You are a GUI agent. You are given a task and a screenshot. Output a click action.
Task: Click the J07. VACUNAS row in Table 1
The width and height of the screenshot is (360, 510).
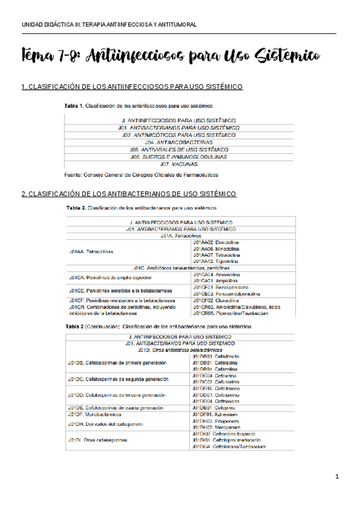tap(178, 164)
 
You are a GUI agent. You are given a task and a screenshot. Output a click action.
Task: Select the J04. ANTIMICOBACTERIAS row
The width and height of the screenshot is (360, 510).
tap(178, 142)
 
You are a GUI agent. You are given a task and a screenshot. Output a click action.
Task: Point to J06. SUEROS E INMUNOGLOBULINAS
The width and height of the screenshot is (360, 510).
tap(178, 156)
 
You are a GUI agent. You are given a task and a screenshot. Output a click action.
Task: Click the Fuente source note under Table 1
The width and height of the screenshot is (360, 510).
tap(141, 174)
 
